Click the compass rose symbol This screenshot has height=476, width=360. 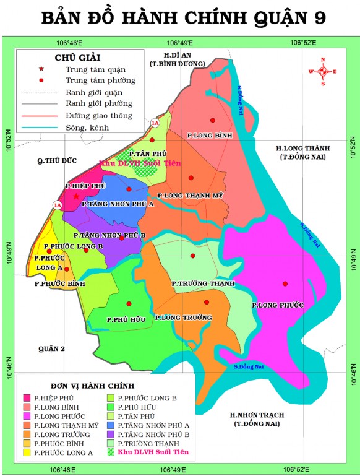click(x=322, y=71)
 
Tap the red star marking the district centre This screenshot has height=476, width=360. click(x=76, y=196)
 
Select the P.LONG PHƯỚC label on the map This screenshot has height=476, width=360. click(x=278, y=305)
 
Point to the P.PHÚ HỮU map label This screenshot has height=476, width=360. click(x=126, y=319)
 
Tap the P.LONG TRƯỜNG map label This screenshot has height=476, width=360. click(x=183, y=318)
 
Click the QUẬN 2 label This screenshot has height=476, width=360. click(x=51, y=349)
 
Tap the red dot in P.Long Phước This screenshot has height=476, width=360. click(x=285, y=284)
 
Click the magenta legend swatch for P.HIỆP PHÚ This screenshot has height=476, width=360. click(x=27, y=397)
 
